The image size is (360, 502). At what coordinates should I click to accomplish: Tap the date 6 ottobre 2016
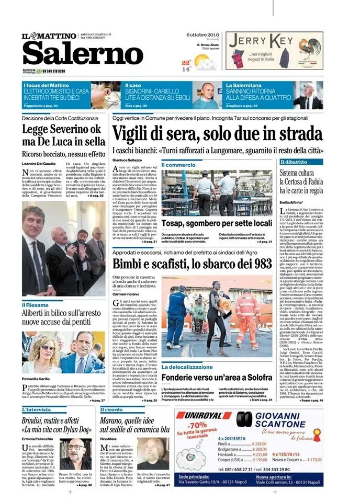point(201,35)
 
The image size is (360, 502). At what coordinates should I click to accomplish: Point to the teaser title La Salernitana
point(244,85)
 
